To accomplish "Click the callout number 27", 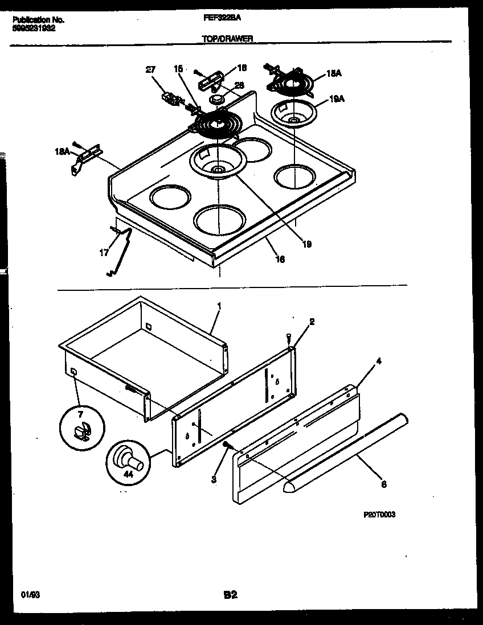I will [150, 70].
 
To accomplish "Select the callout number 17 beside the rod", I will [104, 252].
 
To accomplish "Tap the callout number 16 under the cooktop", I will [280, 259].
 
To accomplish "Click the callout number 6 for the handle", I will [383, 484].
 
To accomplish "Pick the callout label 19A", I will [337, 99].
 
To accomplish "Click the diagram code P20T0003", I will [379, 514].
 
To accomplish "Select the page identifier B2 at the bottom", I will [230, 595].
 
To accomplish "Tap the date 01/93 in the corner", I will [27, 594].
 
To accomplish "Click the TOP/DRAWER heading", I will [228, 39].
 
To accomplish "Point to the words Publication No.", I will [38, 19].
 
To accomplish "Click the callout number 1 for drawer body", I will [219, 307].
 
